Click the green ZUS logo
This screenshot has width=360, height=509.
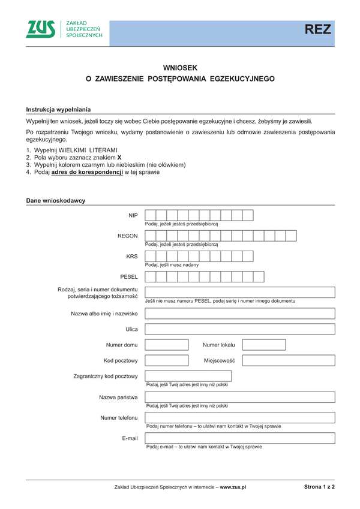pyautogui.click(x=41, y=29)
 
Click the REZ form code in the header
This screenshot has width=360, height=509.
pyautogui.click(x=317, y=30)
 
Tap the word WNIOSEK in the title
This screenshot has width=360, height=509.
pyautogui.click(x=180, y=68)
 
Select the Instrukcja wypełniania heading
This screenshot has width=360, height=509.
pyautogui.click(x=58, y=110)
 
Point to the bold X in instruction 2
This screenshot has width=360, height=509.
pyautogui.click(x=119, y=157)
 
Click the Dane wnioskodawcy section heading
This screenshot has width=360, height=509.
pyautogui.click(x=56, y=200)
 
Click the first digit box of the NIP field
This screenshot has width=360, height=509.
pyautogui.click(x=151, y=215)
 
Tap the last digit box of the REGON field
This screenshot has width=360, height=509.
pyautogui.click(x=291, y=236)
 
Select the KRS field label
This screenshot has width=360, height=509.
pyautogui.click(x=132, y=256)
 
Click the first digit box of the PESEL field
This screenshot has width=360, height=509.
pyautogui.click(x=151, y=276)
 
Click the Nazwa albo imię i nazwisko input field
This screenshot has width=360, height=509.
pyautogui.click(x=240, y=313)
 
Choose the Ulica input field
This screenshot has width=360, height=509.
pyautogui.click(x=240, y=329)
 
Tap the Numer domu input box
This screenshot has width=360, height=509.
pyautogui.click(x=167, y=345)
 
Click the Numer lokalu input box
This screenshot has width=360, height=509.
pyautogui.click(x=263, y=345)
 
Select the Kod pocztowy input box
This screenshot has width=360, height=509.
pyautogui.click(x=167, y=360)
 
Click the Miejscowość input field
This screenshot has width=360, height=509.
pyautogui.click(x=288, y=360)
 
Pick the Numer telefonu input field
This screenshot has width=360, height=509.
pyautogui.click(x=240, y=417)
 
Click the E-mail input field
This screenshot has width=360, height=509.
pyautogui.click(x=240, y=438)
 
